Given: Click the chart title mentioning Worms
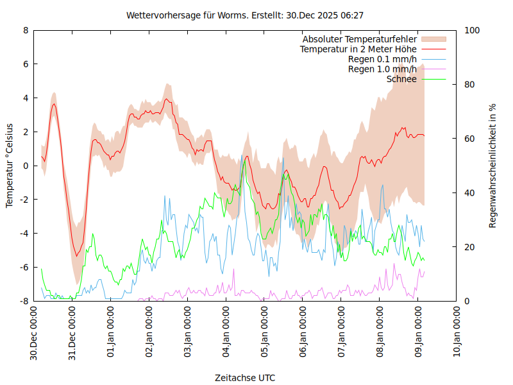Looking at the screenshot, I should (246, 15).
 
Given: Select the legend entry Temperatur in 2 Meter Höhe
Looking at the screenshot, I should (358, 49).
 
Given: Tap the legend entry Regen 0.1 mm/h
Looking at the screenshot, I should (382, 60).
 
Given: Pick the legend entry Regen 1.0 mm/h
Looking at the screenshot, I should (382, 69).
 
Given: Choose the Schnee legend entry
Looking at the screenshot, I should (401, 79).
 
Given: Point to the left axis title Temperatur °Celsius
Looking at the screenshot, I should (10, 165).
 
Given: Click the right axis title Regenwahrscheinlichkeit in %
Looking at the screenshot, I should (492, 166).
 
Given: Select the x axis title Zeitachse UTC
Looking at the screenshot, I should (246, 378).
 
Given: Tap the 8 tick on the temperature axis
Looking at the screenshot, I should (26, 30).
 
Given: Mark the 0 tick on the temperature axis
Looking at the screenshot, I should (26, 166).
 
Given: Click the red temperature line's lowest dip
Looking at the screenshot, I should (76, 256).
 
